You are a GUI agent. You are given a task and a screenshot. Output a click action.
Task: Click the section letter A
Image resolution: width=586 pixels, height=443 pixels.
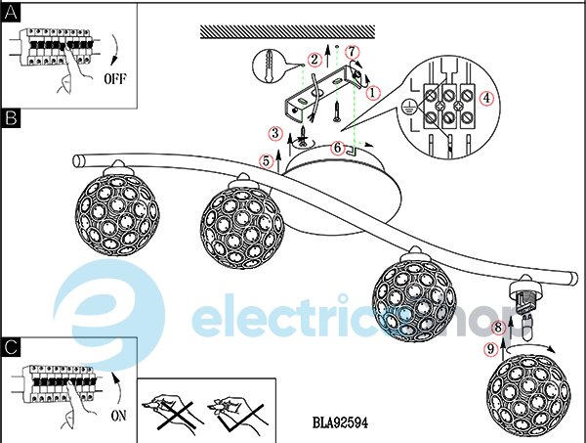pyautogui.click(x=11, y=11)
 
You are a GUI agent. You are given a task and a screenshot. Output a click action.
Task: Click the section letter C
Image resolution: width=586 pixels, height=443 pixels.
pyautogui.click(x=11, y=347)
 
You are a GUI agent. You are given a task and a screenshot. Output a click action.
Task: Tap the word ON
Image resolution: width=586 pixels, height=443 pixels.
pyautogui.click(x=118, y=415)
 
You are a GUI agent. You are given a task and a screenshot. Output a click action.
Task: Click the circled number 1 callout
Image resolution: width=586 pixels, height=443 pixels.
pyautogui.click(x=373, y=94)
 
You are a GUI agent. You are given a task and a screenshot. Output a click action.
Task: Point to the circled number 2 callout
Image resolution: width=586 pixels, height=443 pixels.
pyautogui.click(x=314, y=59)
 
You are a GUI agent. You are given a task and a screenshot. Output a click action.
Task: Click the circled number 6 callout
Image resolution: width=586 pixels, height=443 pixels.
pyautogui.click(x=337, y=148)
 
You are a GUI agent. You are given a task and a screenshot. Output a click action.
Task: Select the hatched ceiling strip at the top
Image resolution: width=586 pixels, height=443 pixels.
pyautogui.click(x=293, y=32)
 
